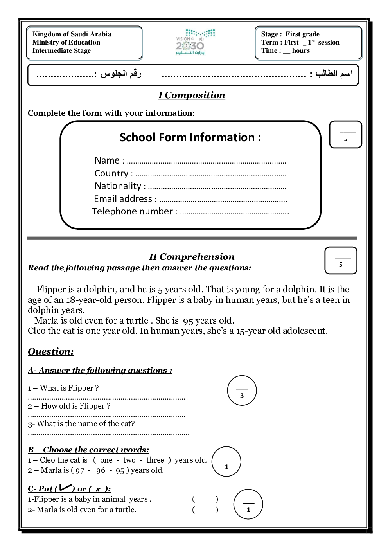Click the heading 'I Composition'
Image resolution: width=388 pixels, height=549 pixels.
(192, 95)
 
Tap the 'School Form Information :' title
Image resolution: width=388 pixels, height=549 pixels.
(190, 137)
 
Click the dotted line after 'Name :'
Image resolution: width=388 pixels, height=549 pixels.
(207, 162)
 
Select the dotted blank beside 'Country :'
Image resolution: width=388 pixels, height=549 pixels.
(211, 175)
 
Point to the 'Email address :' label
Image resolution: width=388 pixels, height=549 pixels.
(125, 199)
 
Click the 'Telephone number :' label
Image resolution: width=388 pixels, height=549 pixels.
(135, 211)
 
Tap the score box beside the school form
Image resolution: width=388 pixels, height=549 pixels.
(345, 135)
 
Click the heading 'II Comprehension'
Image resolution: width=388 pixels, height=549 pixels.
(192, 257)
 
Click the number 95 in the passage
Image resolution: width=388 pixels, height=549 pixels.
(188, 321)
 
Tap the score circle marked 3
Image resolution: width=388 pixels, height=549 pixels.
(242, 391)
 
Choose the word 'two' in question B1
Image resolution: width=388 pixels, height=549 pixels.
(129, 460)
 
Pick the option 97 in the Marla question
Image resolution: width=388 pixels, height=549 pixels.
(80, 470)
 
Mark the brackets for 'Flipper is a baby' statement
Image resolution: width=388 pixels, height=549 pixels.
(205, 499)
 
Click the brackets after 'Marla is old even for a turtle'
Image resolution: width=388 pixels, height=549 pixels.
(205, 510)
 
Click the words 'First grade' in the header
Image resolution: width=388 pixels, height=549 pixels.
(302, 34)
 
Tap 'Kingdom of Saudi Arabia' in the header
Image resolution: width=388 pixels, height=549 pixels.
(72, 34)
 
